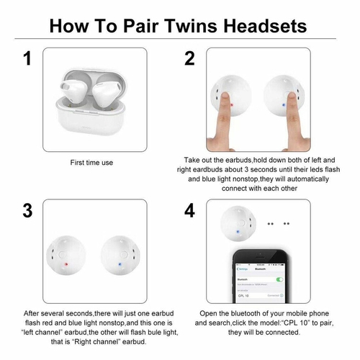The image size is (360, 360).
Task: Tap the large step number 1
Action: tap(28, 58)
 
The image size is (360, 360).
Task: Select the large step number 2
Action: tap(189, 58)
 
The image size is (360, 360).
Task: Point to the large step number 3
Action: tap(27, 210)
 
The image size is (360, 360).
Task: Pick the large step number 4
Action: tap(189, 210)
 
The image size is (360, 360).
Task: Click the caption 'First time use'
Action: tap(91, 163)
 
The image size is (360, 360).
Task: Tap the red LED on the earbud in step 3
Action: tap(66, 264)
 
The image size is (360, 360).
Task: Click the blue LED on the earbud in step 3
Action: tap(120, 264)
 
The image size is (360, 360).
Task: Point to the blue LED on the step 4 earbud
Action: tap(238, 232)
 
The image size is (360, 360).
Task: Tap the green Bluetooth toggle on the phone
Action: tap(279, 279)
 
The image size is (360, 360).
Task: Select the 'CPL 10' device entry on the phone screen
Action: tap(243, 296)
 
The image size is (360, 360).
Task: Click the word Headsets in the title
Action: tap(265, 26)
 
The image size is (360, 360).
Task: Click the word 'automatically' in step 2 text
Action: tap(308, 179)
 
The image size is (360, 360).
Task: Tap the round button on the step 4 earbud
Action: tap(241, 223)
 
